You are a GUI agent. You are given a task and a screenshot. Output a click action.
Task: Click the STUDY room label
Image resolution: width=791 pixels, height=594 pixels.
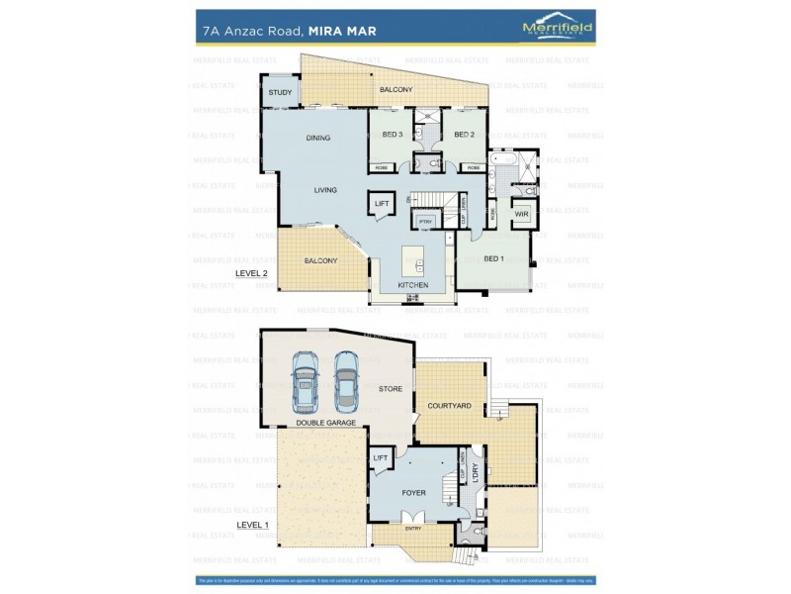(280, 93)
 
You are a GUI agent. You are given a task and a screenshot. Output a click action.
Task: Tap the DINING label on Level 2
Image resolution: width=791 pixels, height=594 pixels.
(317, 138)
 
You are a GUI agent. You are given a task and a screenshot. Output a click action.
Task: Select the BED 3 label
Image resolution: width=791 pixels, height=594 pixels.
(393, 135)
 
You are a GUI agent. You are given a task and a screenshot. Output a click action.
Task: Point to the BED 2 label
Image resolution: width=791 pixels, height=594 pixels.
(465, 135)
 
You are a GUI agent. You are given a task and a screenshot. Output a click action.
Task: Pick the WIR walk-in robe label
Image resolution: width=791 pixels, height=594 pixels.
(521, 214)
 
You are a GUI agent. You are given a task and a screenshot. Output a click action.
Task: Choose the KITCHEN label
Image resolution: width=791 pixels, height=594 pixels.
(413, 285)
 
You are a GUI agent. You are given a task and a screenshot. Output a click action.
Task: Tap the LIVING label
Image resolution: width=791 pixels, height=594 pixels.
(325, 190)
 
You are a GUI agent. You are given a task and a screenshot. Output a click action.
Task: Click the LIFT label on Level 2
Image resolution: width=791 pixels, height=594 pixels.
(382, 205)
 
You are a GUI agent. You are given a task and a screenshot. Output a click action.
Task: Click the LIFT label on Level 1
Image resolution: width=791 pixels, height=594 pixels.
(381, 457)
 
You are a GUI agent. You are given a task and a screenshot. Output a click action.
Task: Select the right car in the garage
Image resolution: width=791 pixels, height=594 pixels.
(345, 381)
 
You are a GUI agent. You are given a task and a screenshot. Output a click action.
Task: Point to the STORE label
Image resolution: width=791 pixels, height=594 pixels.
(391, 389)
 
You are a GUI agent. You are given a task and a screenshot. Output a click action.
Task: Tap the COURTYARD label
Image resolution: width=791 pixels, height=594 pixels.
(449, 406)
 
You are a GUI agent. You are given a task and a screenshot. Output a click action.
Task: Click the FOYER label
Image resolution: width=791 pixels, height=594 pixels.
(413, 491)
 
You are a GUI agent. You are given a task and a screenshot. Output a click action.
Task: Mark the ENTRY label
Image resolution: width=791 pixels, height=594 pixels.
(413, 529)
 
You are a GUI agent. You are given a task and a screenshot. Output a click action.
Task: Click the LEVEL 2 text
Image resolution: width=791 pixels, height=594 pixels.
(251, 272)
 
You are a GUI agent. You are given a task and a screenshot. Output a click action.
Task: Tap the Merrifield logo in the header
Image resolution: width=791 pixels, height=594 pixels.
(557, 29)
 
